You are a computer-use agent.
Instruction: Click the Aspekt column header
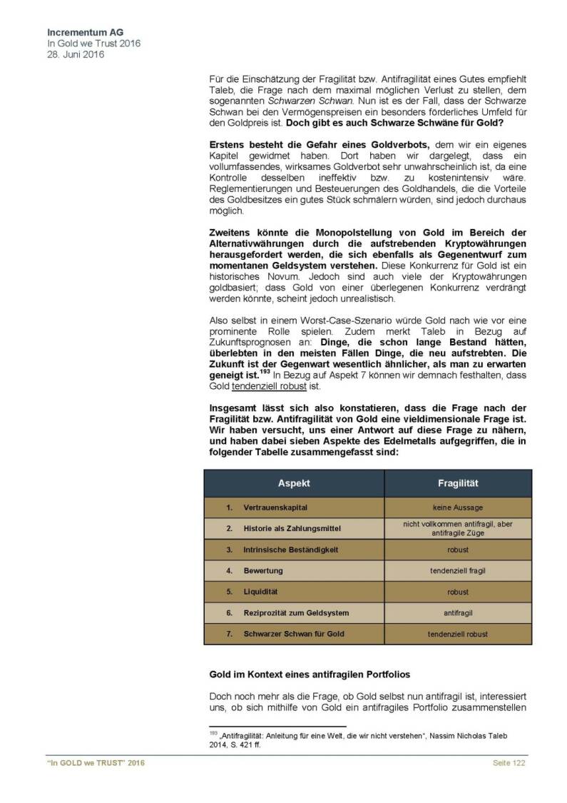[294, 483]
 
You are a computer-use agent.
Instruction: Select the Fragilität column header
[457, 483]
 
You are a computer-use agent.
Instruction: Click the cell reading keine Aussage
[457, 507]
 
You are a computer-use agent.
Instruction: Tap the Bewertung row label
[263, 571]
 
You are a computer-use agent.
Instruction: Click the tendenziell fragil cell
[457, 571]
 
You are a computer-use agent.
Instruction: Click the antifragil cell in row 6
[457, 613]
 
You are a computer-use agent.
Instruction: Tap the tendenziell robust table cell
[457, 634]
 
